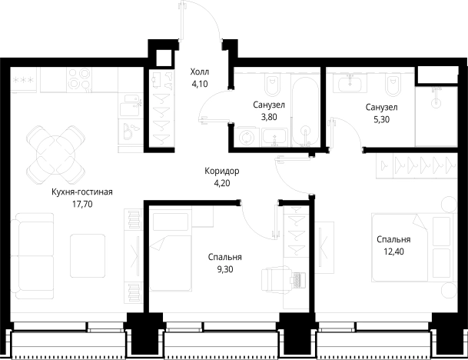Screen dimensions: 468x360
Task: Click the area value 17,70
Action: coord(82,204)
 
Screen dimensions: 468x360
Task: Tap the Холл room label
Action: coord(200,72)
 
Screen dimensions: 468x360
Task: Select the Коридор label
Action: coord(222,172)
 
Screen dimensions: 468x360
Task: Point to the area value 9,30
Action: coord(225,269)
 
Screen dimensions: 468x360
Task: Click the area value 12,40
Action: coord(393,252)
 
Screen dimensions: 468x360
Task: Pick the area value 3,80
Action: coord(269,117)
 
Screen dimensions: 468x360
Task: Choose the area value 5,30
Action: coord(381,119)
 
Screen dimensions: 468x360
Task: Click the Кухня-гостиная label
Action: coord(82,192)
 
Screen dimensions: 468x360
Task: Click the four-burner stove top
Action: coord(79,79)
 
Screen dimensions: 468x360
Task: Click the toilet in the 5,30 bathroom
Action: coord(392,85)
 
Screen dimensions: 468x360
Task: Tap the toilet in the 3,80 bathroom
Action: coord(273,85)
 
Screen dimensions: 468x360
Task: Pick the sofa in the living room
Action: coord(32,255)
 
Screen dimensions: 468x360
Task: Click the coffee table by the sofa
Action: coord(88,255)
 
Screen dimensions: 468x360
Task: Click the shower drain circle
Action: coord(436,103)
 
